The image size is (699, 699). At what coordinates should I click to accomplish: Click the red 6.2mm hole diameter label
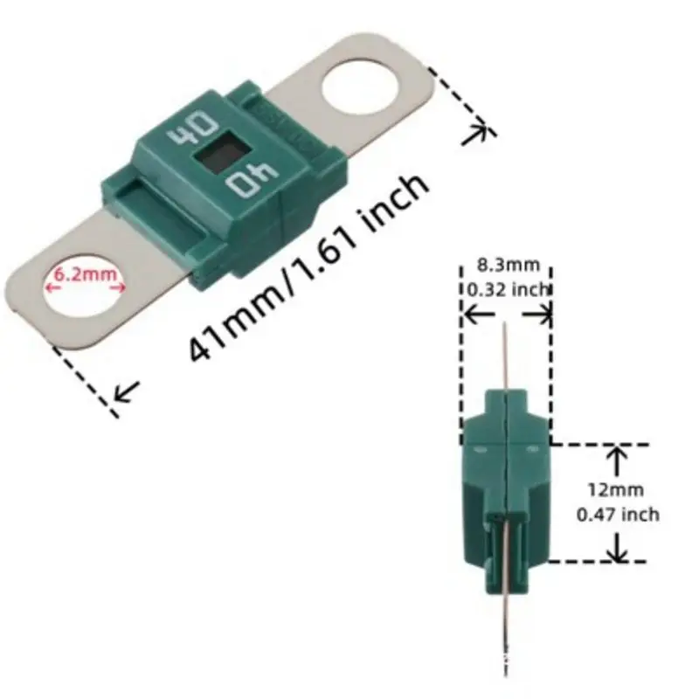point(86,273)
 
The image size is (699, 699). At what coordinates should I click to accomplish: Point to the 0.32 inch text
point(507,289)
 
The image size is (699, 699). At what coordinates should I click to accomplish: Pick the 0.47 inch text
point(618,515)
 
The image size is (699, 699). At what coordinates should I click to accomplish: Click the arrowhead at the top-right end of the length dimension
point(478,134)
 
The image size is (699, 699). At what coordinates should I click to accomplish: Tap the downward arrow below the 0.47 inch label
point(618,550)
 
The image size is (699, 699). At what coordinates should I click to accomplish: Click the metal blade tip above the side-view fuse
point(504,349)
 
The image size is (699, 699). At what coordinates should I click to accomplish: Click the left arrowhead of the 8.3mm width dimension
point(467,313)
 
